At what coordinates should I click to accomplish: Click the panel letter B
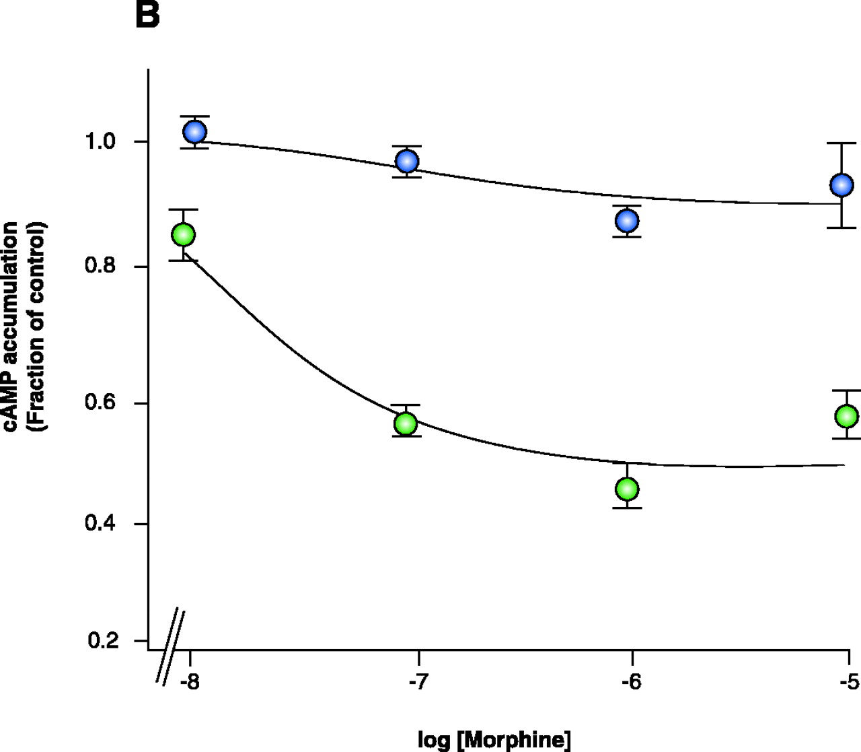(147, 14)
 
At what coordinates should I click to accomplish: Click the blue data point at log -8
(194, 132)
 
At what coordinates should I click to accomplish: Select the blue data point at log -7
(407, 161)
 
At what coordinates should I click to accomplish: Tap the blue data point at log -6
(627, 220)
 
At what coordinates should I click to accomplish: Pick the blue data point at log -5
(841, 184)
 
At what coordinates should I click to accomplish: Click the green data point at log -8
(183, 235)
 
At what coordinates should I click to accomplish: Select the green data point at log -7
(406, 423)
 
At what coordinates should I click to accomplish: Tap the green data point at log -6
(627, 489)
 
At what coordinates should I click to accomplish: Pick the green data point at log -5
(846, 416)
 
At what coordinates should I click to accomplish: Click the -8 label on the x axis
(189, 683)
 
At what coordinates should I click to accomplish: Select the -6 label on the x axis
(632, 683)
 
